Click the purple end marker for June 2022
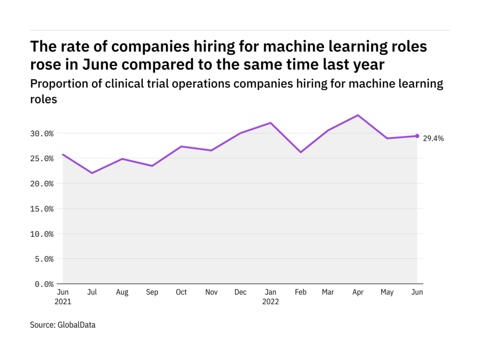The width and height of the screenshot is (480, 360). [417, 136]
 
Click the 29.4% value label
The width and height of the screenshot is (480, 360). [433, 138]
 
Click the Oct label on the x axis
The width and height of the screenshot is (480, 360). [181, 292]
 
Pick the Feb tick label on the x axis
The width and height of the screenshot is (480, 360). [300, 292]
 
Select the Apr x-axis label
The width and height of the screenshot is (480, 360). [358, 292]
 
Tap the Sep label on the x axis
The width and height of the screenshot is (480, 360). [151, 292]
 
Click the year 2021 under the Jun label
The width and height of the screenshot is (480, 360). [63, 301]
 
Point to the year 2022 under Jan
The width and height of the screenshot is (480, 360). [270, 301]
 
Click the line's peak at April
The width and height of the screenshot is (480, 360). [358, 115]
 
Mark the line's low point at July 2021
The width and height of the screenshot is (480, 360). [92, 173]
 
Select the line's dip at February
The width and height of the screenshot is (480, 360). [300, 152]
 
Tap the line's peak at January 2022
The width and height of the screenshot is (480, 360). [270, 123]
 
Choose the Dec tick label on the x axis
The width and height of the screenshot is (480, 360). [240, 292]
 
